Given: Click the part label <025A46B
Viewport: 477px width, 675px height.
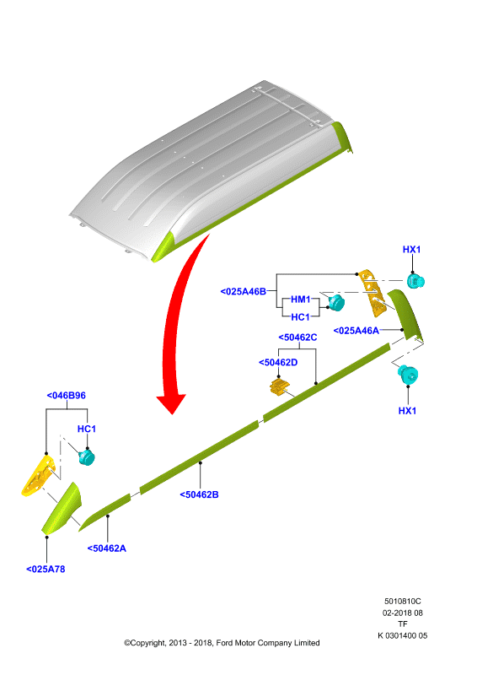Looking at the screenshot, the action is tap(243, 291).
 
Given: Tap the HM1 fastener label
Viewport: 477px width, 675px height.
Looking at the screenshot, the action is tap(300, 300).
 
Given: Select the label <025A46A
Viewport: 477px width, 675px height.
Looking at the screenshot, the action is tap(356, 331).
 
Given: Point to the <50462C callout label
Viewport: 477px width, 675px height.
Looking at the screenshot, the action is tap(297, 337).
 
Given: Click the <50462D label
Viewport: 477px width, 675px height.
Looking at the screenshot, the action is tap(278, 363).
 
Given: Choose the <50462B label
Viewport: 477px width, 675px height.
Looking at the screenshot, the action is tap(199, 494).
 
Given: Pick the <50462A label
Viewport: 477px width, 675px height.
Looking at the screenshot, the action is tap(107, 548).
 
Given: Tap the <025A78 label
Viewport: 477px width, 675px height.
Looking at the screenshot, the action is tap(46, 569).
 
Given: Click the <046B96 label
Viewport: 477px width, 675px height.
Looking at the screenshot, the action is tap(67, 395).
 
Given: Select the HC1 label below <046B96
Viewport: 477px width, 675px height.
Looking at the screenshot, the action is tap(87, 429).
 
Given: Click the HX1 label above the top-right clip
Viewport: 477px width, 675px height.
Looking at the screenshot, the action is tap(411, 249).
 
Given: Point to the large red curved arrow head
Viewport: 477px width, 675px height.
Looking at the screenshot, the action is tap(172, 403).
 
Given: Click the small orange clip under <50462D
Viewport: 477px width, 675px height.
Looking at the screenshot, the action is tap(280, 386).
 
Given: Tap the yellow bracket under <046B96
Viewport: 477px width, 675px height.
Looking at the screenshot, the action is tap(38, 476).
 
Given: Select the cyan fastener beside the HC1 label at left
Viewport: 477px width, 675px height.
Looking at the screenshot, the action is tap(87, 457).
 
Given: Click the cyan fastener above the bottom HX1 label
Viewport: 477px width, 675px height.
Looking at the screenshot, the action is tap(407, 374).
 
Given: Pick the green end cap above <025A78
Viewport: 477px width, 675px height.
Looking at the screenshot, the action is tap(62, 509).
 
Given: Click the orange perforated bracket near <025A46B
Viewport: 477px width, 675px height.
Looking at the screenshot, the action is tap(372, 293).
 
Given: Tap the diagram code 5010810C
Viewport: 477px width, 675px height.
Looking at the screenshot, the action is tap(403, 601).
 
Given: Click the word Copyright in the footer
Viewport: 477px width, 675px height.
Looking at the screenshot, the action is tap(147, 643).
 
